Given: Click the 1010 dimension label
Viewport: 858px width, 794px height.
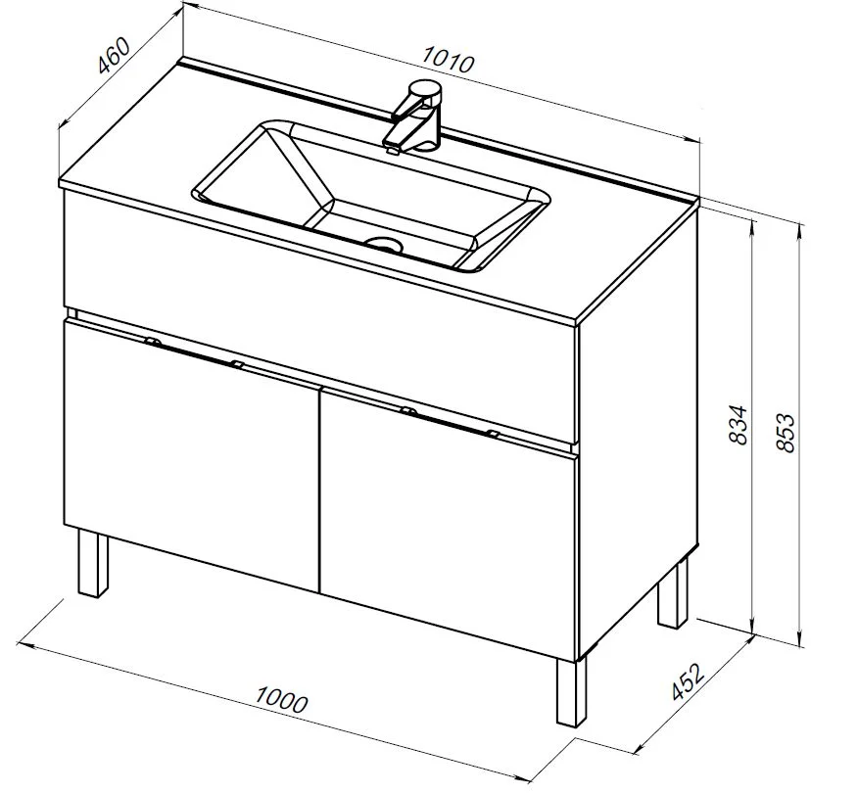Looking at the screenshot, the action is (448, 59).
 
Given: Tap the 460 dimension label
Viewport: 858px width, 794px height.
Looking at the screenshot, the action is (114, 55).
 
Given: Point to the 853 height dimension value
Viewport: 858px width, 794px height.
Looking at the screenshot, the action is (786, 433).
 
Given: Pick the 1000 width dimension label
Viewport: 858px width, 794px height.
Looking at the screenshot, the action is (282, 700).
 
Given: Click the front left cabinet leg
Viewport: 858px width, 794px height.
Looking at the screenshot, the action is (92, 563).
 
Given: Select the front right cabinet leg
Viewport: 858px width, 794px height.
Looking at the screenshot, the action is (571, 691).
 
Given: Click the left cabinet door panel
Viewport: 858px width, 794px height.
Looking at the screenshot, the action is (192, 455).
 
